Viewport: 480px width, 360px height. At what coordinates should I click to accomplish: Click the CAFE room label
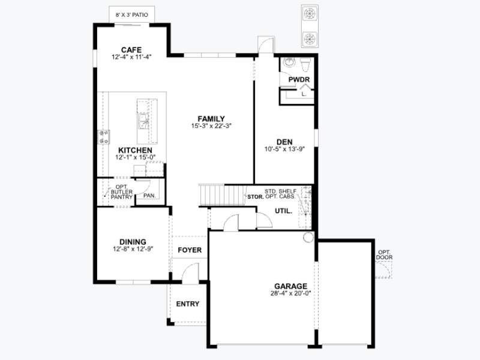point(131,50)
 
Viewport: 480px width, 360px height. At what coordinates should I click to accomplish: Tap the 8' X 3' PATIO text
point(131,14)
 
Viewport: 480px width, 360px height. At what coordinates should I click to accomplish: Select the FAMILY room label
point(211,119)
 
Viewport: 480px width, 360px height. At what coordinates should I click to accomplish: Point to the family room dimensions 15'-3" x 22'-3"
point(211,126)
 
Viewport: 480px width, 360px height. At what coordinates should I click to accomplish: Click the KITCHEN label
point(136,151)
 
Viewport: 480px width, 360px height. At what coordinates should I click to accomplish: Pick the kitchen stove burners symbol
point(103,137)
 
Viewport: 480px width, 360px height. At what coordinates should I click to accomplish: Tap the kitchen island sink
point(143,121)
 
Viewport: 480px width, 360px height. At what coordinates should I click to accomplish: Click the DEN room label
point(284,142)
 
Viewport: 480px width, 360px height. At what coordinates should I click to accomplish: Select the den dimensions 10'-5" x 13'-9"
point(284,149)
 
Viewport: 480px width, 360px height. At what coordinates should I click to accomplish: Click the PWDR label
point(299,80)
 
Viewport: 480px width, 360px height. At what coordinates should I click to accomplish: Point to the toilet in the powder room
point(305,64)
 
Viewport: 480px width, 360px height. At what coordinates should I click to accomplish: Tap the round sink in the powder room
point(289,62)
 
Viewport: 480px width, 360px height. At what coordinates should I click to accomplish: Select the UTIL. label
point(283,211)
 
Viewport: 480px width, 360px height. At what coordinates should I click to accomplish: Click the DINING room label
point(133,242)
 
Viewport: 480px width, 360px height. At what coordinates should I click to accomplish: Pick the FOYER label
point(190,250)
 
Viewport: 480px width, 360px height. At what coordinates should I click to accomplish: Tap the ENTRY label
point(188,304)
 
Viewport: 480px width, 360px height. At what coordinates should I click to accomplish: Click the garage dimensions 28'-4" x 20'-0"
point(290,293)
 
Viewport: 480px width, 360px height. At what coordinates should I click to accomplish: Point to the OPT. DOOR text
point(384,255)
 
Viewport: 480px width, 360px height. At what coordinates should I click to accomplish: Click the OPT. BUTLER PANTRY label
point(122,192)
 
